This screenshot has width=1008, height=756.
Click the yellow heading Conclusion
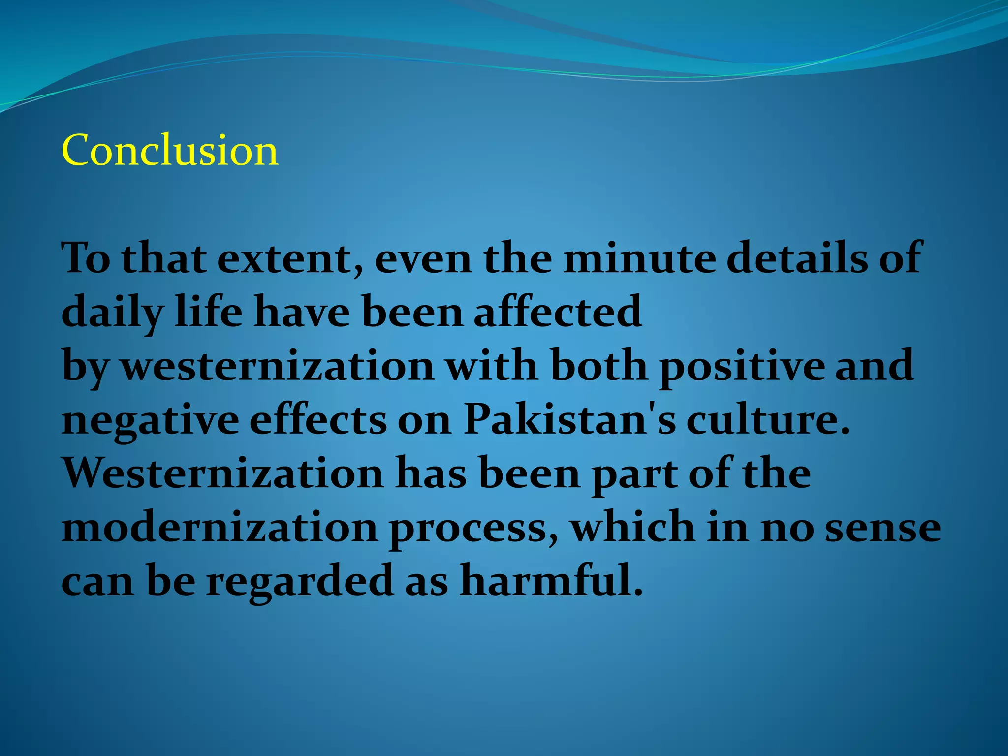[x=170, y=150]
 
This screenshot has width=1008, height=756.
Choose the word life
[x=208, y=313]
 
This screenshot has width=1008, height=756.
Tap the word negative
[x=150, y=421]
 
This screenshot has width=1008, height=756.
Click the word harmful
[x=551, y=581]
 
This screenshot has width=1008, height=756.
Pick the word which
[x=633, y=527]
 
